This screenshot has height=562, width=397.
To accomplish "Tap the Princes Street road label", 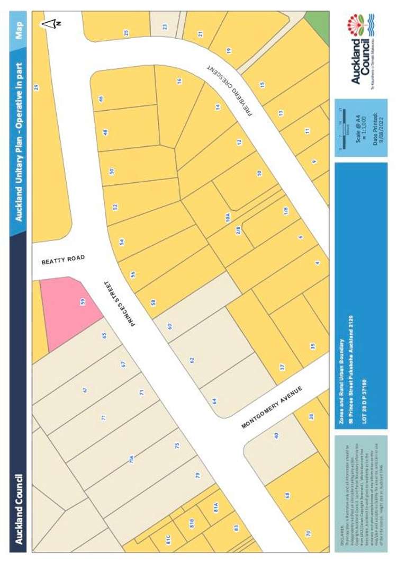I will (x=120, y=302).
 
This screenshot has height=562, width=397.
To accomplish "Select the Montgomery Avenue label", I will (x=272, y=407).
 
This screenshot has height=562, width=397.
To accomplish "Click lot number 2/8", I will (x=238, y=230).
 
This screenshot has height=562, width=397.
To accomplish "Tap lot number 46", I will (x=101, y=99).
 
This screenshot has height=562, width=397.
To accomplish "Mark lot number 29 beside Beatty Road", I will (x=37, y=86).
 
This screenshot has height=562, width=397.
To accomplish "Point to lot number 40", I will (x=276, y=435).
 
